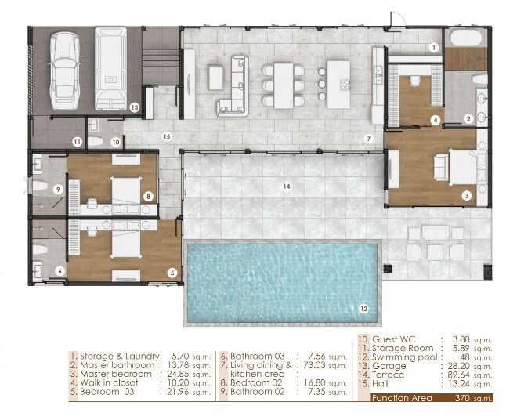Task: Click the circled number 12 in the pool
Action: pos(363,309)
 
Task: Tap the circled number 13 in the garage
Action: pos(134,107)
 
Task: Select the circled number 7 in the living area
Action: pos(369,139)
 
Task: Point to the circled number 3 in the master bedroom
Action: pos(467,196)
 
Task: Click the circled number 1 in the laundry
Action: pos(434,48)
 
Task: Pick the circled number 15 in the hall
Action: pos(167,136)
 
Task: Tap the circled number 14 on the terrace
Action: pos(287,186)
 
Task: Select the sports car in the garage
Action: pos(64,71)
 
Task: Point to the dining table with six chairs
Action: pos(284,85)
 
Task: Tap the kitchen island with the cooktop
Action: pos(338,84)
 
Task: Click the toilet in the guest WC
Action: pos(96,142)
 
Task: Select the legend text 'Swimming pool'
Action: pos(404,357)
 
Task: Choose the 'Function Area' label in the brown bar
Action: pos(402,398)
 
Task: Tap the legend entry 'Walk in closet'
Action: pos(109,382)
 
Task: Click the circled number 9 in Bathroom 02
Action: pos(58,190)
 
